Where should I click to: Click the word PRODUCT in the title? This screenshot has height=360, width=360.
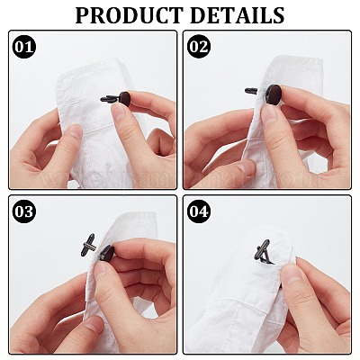130,15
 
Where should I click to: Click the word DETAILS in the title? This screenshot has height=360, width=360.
237,15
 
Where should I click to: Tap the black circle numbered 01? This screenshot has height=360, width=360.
24,47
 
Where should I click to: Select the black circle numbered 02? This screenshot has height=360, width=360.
199,47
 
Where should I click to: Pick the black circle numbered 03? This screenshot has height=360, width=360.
24,211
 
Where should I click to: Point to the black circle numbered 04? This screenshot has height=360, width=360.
199,211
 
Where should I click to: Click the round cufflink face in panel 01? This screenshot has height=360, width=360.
124,99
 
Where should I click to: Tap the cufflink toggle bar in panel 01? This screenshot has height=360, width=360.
110,99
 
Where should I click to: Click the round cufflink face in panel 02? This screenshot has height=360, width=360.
274,94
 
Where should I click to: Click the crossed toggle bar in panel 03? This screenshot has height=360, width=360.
88,245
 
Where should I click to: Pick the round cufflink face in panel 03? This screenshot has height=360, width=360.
107,254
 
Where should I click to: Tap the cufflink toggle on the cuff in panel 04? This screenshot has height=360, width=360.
264,252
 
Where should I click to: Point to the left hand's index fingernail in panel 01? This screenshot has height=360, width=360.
75,130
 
